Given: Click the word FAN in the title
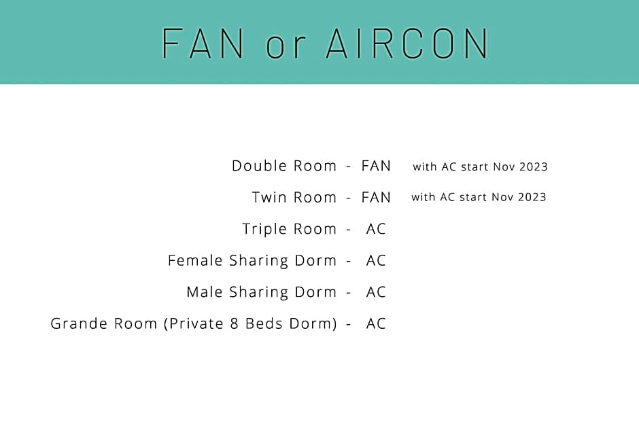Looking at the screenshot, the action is (x=203, y=43).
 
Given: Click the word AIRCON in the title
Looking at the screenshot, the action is (x=407, y=43).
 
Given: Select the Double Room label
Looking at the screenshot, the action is (x=284, y=166).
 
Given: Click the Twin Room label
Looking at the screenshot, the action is (x=294, y=197).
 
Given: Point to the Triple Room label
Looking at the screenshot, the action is (x=290, y=229).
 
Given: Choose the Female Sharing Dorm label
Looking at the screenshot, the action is (x=252, y=260).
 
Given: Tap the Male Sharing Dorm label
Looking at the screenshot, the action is (x=262, y=292).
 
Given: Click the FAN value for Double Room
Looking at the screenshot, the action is (x=376, y=166).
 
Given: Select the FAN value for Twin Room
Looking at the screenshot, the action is (x=376, y=197).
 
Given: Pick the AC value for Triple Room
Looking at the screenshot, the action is (x=376, y=229).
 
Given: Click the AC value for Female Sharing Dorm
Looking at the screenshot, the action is (x=376, y=260).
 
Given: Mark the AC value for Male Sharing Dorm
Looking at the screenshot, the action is (x=376, y=292).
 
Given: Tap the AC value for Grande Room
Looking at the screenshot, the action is (x=376, y=323).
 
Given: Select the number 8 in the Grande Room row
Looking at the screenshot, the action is (x=234, y=323).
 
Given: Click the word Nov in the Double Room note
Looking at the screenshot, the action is (x=503, y=166).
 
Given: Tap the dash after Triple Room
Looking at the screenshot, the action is (x=349, y=230).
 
